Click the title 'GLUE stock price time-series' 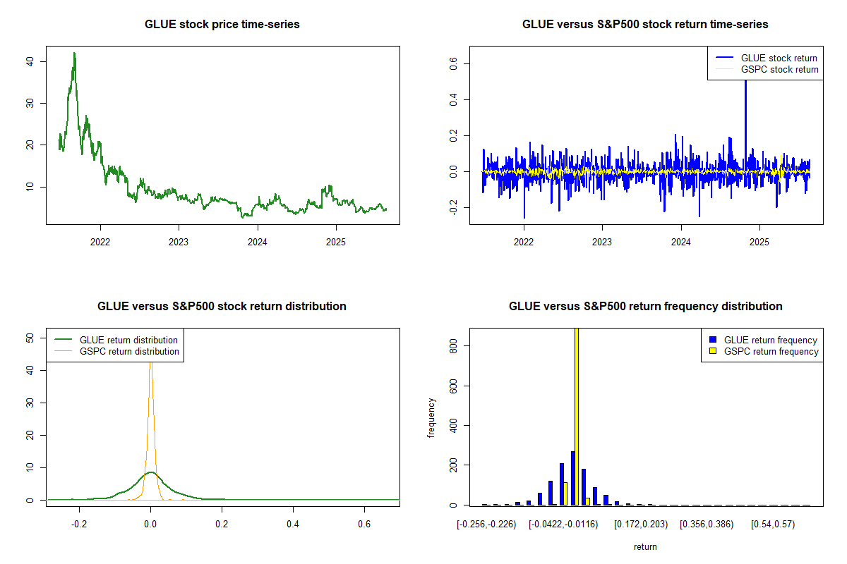tap(222, 25)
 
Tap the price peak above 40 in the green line tap(74, 54)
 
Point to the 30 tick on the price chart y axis tap(29, 103)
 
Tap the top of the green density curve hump tap(150, 472)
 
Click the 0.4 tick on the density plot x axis tap(293, 525)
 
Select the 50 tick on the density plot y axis tap(29, 338)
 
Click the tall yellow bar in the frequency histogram tap(577, 416)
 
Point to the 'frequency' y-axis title tap(431, 418)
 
